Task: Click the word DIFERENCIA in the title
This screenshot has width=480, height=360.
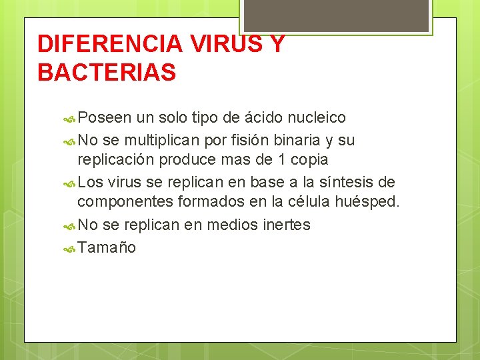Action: [109, 44]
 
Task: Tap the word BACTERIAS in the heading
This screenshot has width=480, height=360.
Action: [107, 73]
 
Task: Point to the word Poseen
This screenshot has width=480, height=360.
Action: [105, 118]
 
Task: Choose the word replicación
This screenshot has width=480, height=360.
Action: [115, 160]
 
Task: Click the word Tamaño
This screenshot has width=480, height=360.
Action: [107, 248]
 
